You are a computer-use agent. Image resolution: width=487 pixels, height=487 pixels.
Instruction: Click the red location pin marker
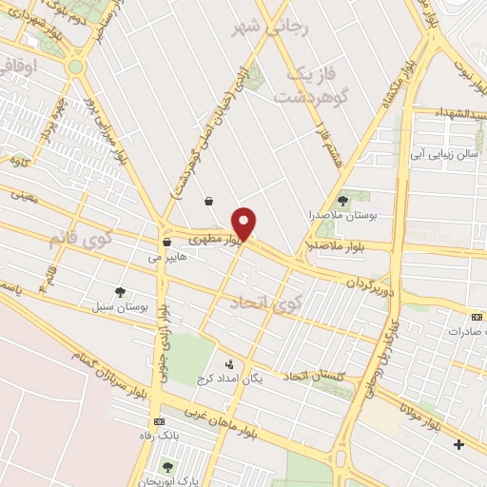tap(245, 223)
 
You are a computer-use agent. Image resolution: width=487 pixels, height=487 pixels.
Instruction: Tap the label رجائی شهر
tap(271, 28)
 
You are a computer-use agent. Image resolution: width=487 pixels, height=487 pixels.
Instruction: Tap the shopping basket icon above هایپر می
tap(166, 241)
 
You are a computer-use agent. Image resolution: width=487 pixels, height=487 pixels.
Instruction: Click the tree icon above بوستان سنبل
tap(120, 293)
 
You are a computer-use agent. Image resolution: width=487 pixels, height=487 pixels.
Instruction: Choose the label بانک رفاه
tap(160, 438)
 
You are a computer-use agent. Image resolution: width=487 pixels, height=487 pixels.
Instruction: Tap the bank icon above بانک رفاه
tap(159, 421)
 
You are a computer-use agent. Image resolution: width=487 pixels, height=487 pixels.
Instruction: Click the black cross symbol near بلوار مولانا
tap(458, 444)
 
